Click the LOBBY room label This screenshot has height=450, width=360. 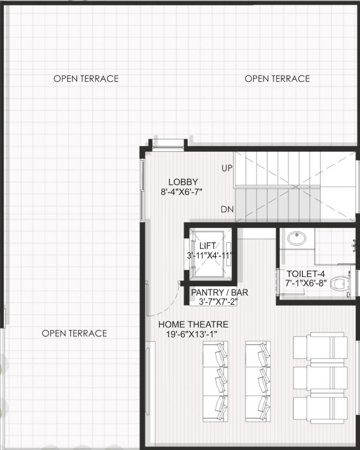pos(183,182)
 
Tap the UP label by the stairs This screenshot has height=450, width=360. pos(227,168)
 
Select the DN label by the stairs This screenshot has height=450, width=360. pos(227,209)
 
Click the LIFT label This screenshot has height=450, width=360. pos(207,246)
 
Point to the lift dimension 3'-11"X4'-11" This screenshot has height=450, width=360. pos(209,255)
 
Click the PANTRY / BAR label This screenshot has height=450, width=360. pos(220,292)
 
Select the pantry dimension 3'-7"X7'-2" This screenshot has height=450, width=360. pos(218,301)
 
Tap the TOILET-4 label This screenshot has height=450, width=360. pos(306,274)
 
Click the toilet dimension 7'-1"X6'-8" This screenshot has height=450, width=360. pos(306,283)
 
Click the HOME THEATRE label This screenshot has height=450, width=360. pos(193,324)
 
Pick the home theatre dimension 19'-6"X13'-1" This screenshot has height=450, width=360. pos(192,334)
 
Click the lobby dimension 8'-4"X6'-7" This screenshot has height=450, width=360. pos(182,192)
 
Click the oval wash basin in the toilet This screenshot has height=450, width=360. pos(297,239)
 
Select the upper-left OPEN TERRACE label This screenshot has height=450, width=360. pos(86,79)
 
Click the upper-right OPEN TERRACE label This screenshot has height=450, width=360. pos(277,79)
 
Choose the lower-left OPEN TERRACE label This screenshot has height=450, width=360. pos(74,333)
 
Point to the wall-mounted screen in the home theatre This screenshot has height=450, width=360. pos(148,381)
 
